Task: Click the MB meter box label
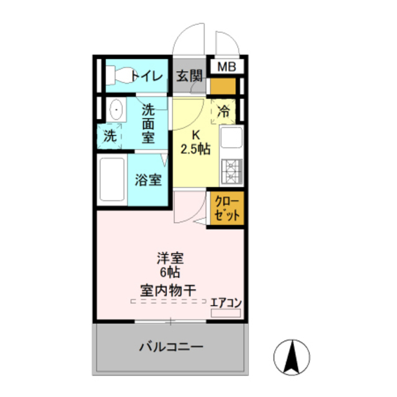[226, 67]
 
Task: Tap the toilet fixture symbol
[120, 75]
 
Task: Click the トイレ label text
[148, 76]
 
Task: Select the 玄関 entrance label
[189, 76]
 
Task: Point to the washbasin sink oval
[116, 110]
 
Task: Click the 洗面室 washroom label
[148, 124]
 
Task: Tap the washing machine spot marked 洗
[110, 136]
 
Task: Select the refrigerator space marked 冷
[223, 112]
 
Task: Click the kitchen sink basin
[231, 138]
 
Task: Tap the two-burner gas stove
[231, 171]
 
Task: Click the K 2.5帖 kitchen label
[195, 143]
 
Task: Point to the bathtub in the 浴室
[112, 179]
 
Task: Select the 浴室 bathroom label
[148, 180]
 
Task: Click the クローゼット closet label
[227, 208]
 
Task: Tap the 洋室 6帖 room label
[170, 265]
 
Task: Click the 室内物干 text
[168, 290]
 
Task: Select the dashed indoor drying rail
[168, 301]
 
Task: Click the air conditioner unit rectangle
[226, 313]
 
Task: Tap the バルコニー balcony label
[171, 347]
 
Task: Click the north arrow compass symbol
[292, 357]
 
